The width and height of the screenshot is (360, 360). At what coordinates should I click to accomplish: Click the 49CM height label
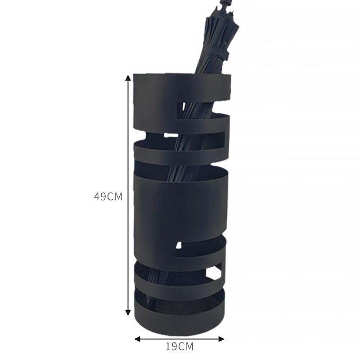108,197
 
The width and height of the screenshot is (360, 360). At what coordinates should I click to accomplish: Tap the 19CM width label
179,346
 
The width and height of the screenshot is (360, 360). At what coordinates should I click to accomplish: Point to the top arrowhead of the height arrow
128,77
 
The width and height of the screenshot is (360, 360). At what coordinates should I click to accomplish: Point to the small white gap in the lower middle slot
179,246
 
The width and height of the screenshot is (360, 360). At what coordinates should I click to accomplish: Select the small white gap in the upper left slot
171,135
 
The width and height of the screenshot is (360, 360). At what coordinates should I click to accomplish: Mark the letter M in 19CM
189,346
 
